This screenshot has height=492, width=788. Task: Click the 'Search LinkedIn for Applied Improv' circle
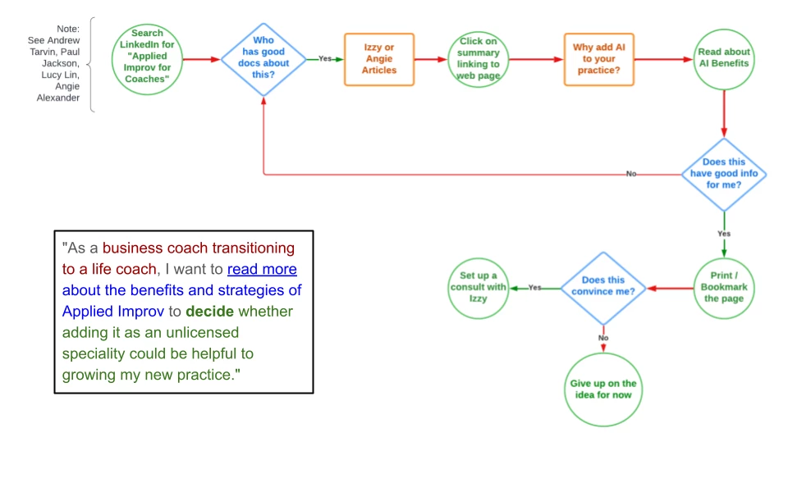click(x=148, y=57)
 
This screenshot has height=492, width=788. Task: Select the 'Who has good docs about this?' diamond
click(x=264, y=59)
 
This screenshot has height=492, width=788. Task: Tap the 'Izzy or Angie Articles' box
click(x=379, y=59)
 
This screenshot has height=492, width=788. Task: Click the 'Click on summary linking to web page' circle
click(x=479, y=58)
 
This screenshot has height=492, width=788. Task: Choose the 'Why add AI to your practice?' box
click(x=598, y=59)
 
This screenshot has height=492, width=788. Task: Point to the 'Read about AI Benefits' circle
click(x=724, y=58)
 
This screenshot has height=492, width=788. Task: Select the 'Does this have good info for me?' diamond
click(x=724, y=174)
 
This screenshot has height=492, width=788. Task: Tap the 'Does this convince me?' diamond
click(x=603, y=288)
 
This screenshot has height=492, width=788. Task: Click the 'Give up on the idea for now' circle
click(x=603, y=389)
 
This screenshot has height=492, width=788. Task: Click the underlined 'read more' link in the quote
click(x=262, y=269)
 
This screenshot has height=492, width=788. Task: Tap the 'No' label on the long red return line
click(x=631, y=174)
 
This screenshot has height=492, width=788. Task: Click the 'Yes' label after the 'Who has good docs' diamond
click(x=325, y=59)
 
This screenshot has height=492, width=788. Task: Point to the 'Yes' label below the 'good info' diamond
click(x=724, y=234)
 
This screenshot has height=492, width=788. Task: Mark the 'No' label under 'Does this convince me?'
click(x=603, y=338)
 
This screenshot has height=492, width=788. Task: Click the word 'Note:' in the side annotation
click(x=68, y=29)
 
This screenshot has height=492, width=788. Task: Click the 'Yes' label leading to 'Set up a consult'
click(x=535, y=288)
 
